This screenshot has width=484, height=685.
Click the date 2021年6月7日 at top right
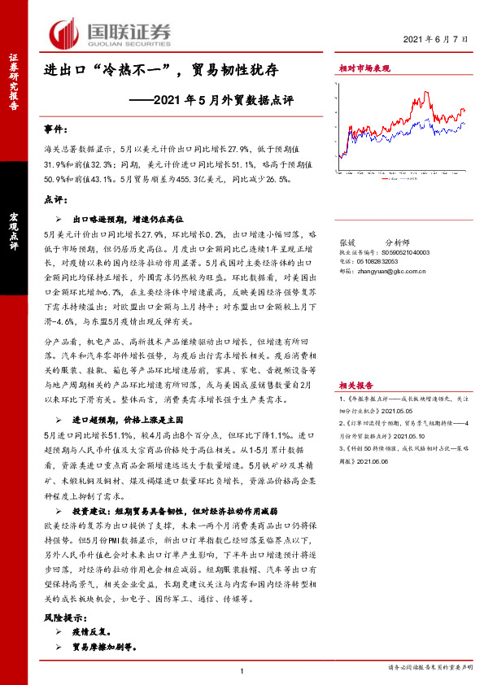pyautogui.click(x=438, y=38)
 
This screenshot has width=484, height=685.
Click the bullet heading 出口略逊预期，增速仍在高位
pyautogui.click(x=129, y=219)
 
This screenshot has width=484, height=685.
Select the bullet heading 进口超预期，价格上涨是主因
pyautogui.click(x=130, y=419)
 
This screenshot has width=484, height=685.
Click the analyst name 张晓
pyautogui.click(x=347, y=242)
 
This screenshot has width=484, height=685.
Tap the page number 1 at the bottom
pyautogui.click(x=242, y=670)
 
